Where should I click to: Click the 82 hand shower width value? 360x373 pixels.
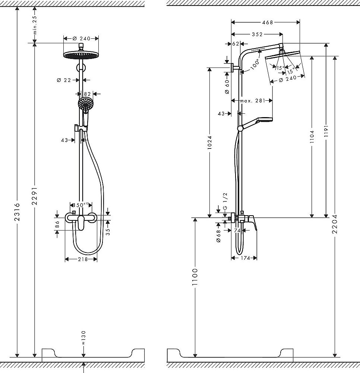pyautogui.click(x=87, y=94)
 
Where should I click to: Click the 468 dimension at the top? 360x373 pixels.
pyautogui.click(x=266, y=22)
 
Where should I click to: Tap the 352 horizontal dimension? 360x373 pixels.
pyautogui.click(x=256, y=34)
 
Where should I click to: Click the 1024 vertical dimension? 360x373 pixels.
pyautogui.click(x=209, y=142)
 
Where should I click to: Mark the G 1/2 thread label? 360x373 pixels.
pyautogui.click(x=225, y=202)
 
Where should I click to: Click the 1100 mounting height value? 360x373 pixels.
pyautogui.click(x=195, y=276)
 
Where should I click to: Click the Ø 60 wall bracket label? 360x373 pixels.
pyautogui.click(x=227, y=87)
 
